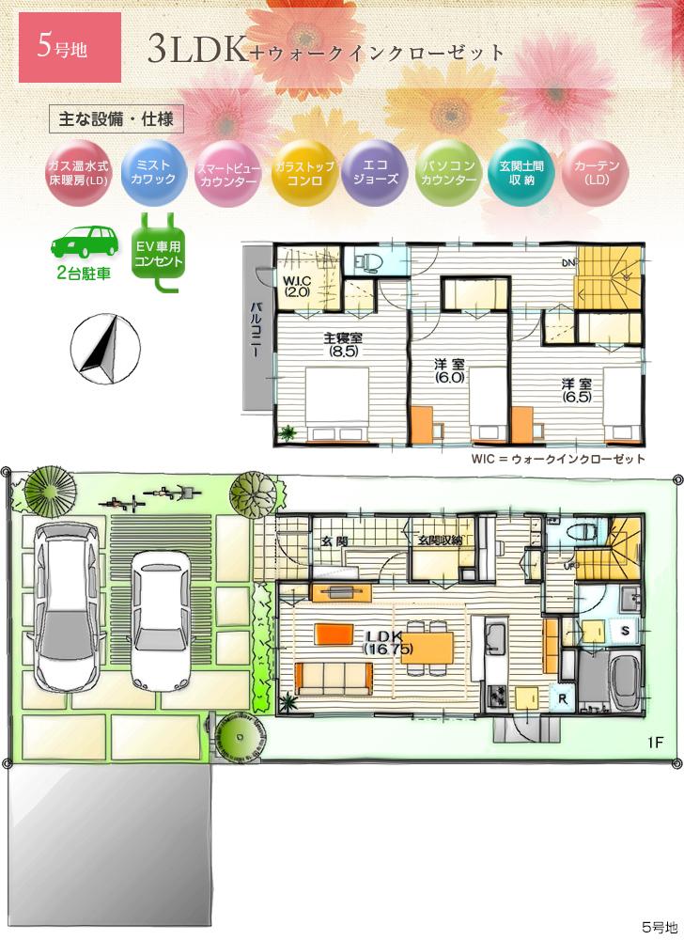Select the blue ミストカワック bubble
153,172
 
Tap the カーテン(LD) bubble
593,172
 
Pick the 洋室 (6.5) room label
576,390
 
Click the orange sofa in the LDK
331,675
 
